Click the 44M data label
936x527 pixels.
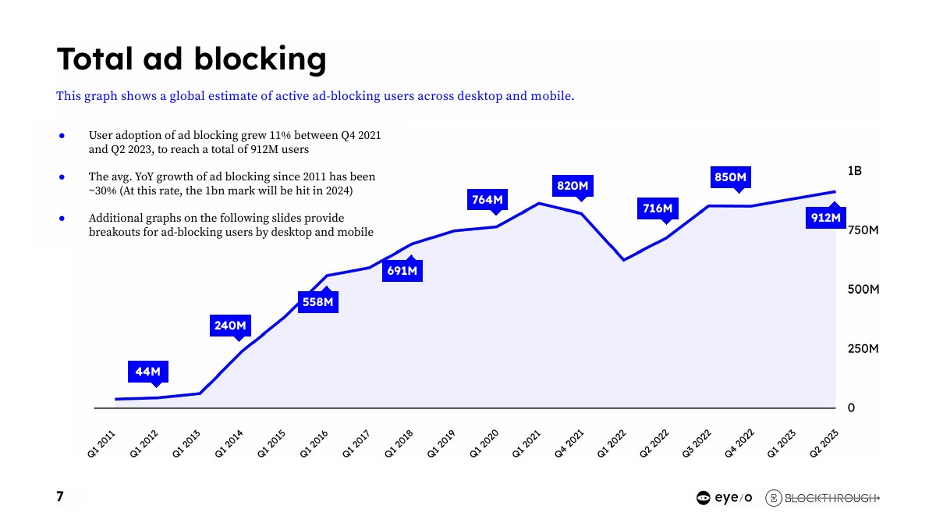147,372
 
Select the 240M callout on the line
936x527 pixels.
231,326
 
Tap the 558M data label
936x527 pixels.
318,301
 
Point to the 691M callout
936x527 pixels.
402,271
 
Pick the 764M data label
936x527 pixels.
487,200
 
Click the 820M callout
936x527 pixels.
572,186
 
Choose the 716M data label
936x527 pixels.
658,208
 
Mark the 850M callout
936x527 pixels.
731,177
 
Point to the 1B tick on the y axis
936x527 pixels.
855,171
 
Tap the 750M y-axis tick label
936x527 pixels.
863,230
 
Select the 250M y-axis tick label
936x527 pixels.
863,349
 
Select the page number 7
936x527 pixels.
60,497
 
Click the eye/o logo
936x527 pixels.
724,498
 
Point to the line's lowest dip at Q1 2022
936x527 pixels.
623,260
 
